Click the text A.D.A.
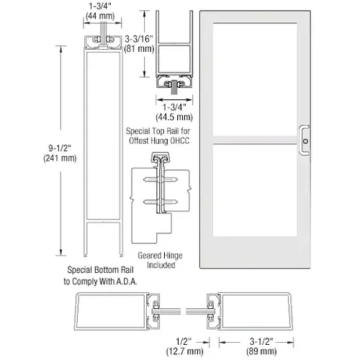(127, 282)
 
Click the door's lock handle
(306, 138)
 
